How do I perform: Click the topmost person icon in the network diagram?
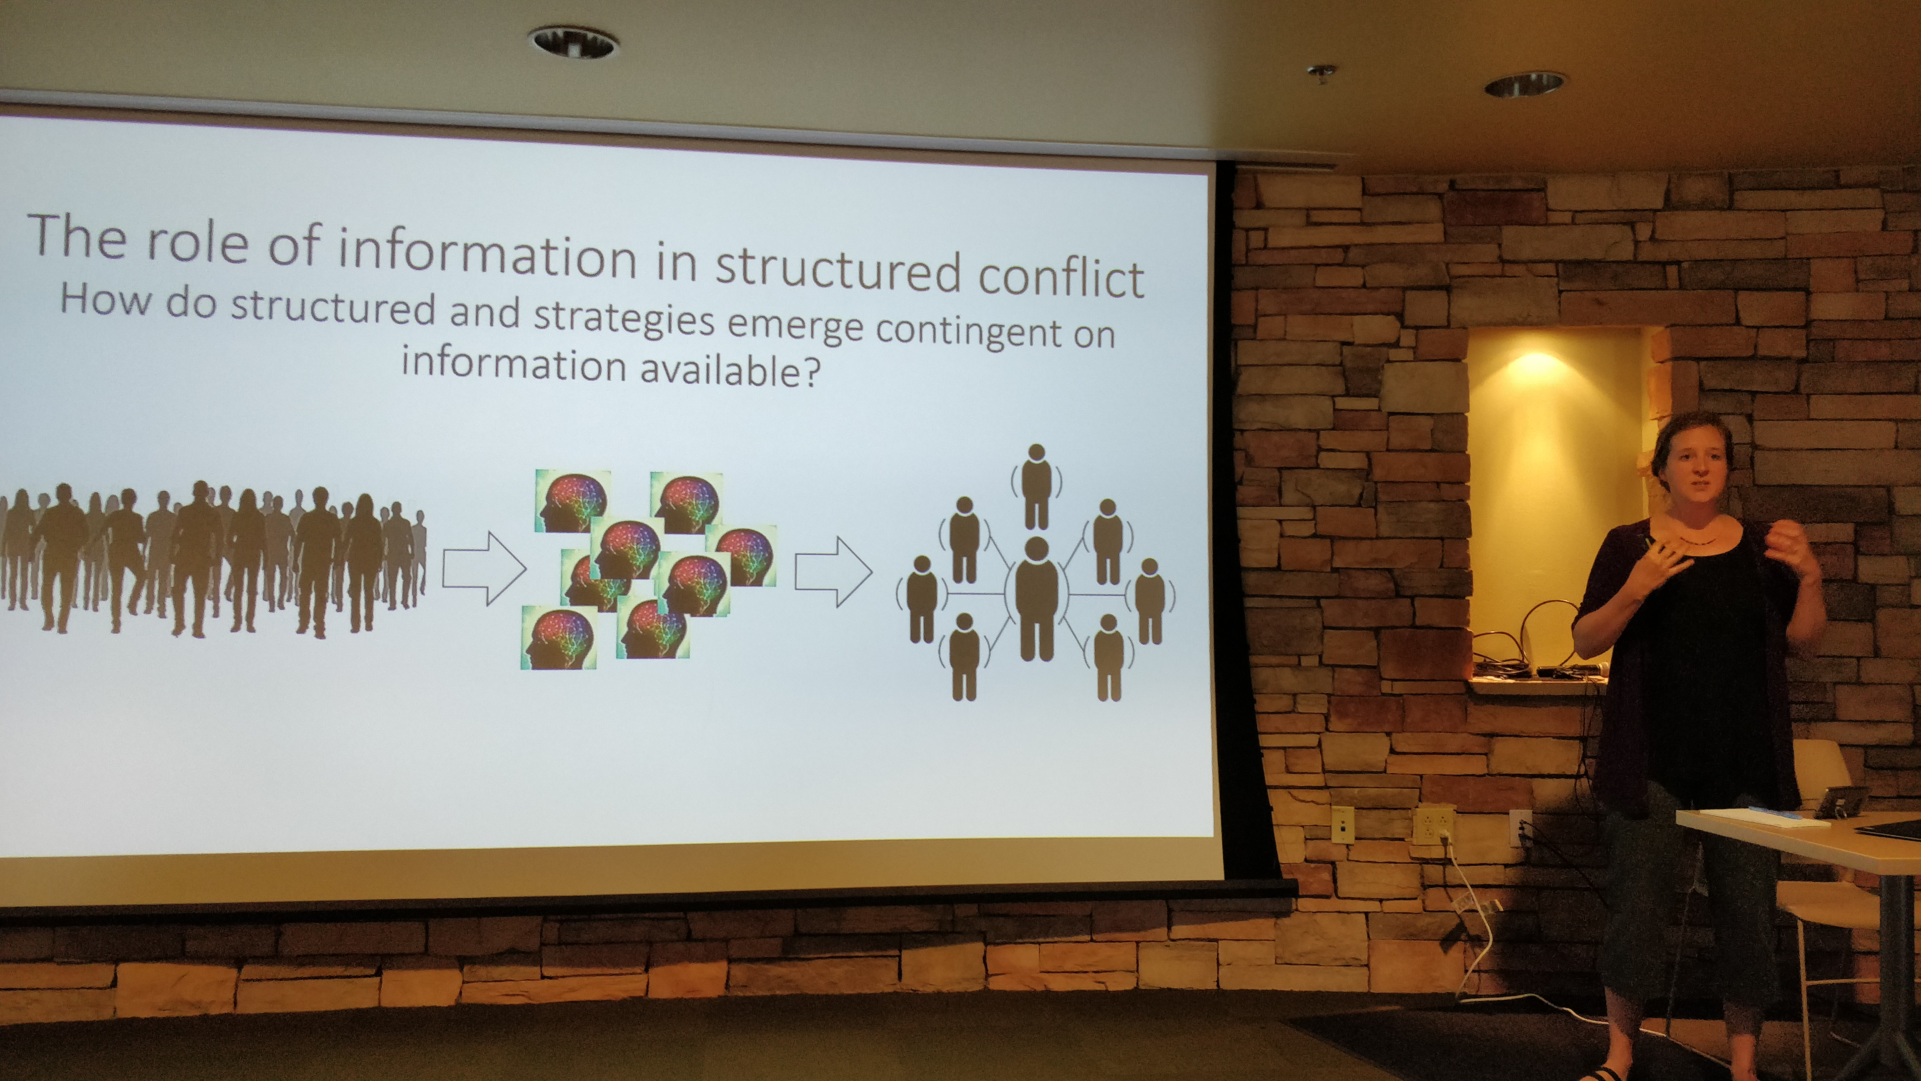point(1036,486)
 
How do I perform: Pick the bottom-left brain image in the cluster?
point(559,637)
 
